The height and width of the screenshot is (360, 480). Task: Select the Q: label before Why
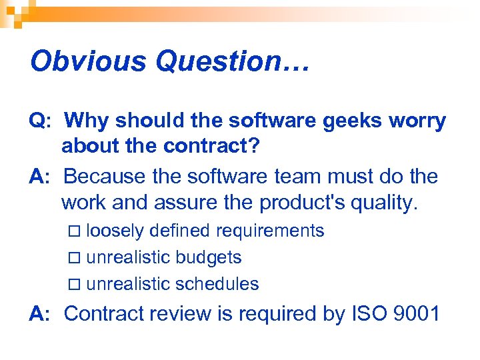(39, 121)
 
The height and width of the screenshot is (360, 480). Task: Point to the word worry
(420, 121)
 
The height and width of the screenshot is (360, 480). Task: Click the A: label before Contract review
(39, 313)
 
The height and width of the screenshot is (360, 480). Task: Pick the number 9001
(417, 313)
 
